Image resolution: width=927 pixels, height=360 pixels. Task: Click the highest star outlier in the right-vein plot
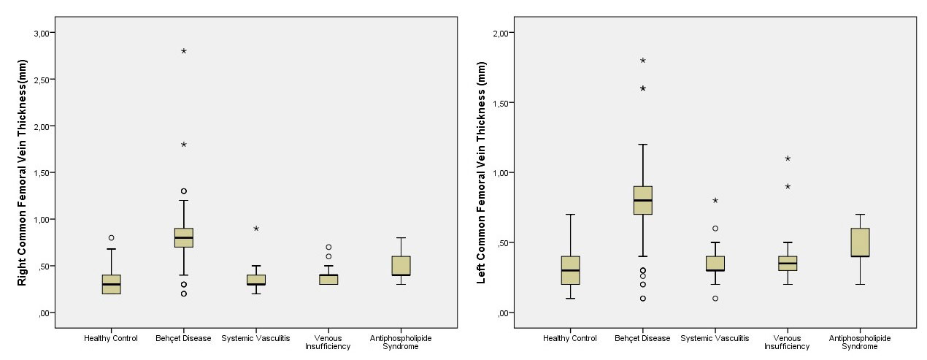[x=184, y=51]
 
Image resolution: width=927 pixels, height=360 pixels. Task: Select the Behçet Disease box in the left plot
[x=184, y=238]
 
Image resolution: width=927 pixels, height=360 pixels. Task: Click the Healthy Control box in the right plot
[x=112, y=284]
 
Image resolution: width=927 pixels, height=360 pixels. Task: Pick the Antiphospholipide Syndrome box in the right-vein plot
[x=401, y=266]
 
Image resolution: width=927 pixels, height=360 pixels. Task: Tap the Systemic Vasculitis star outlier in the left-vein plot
[x=715, y=200]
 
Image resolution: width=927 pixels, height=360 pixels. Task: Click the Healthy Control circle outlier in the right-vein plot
[x=112, y=237]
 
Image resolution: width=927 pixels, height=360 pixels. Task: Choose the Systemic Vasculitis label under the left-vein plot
[x=715, y=338]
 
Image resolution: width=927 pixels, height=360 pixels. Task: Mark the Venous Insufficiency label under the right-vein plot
[x=328, y=342]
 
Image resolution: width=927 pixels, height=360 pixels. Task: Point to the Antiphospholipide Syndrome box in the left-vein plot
[x=860, y=242]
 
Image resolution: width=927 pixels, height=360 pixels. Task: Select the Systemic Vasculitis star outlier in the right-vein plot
[x=256, y=229]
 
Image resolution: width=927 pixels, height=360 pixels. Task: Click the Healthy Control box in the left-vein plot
[x=571, y=270]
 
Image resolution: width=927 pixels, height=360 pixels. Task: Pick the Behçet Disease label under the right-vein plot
[x=183, y=338]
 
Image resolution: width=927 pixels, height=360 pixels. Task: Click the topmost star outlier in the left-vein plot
[x=643, y=61]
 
